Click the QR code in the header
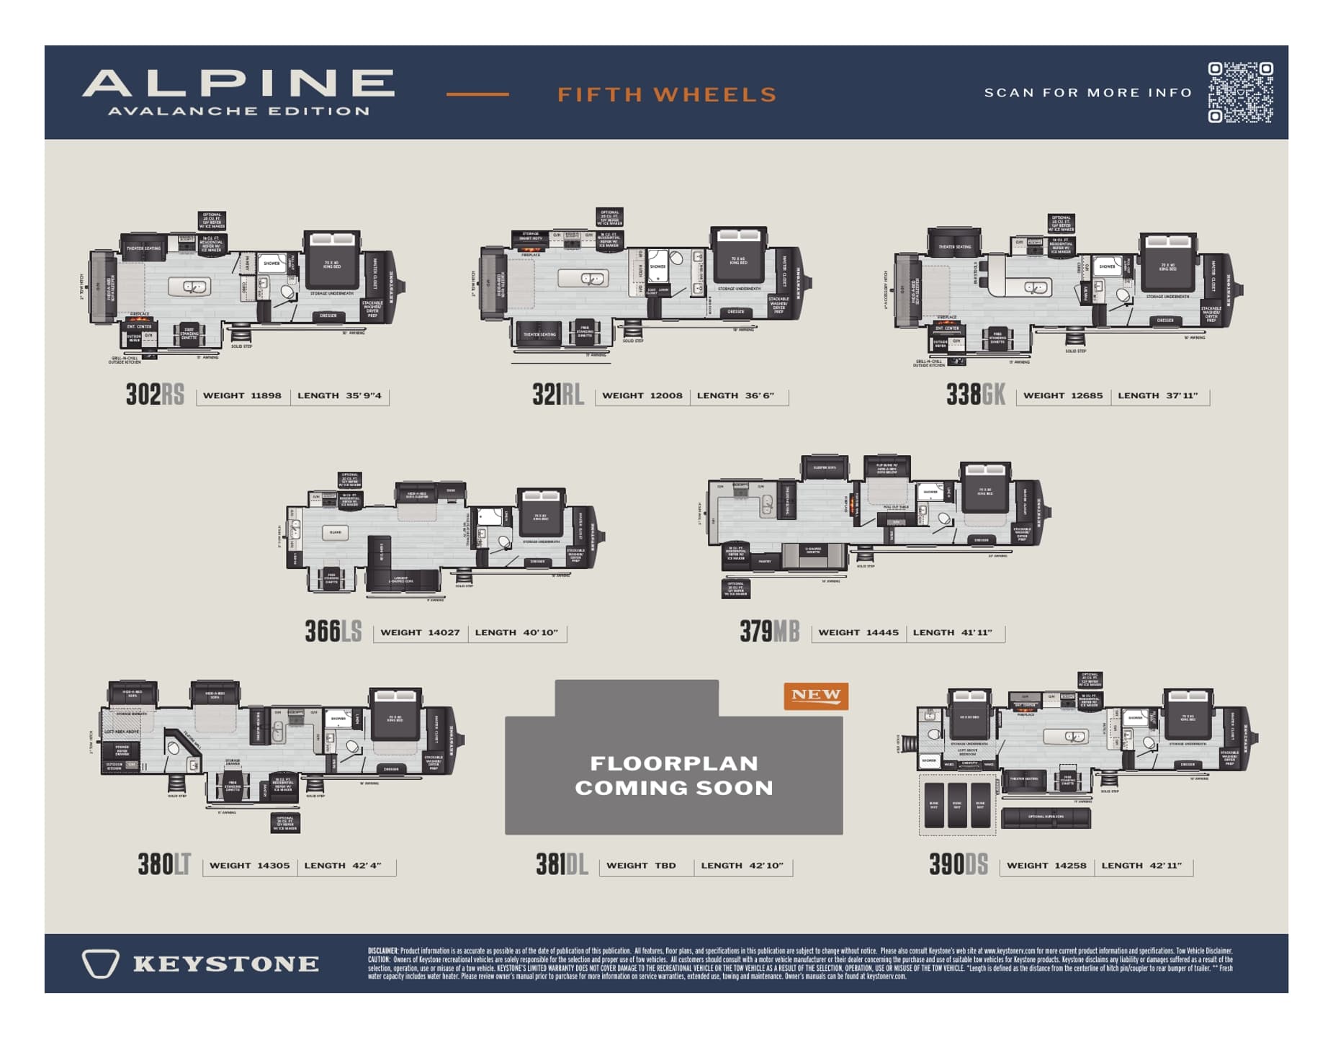[1239, 92]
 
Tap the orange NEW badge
[815, 696]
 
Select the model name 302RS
[155, 395]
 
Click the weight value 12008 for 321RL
[665, 395]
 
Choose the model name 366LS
[333, 632]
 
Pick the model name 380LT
[164, 864]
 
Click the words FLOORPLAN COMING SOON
[673, 776]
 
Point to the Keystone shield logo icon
[100, 964]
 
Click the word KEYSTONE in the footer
[225, 964]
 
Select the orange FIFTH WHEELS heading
[667, 94]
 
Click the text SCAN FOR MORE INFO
[1087, 93]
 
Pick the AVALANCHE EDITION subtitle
[238, 111]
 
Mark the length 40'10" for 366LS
[540, 632]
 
